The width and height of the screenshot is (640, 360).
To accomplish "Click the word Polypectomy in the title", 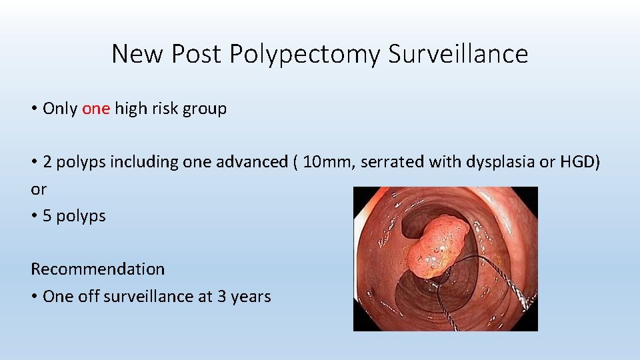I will click(306, 54).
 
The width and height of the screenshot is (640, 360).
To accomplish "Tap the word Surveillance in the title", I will click(458, 54).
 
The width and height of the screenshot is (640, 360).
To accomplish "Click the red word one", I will click(95, 109).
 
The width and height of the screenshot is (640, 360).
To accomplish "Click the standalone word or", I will click(39, 189).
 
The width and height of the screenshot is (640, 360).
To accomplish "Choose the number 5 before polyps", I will click(47, 216).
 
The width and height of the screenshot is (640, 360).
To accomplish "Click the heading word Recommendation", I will click(97, 269).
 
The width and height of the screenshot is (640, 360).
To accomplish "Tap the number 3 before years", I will click(222, 296).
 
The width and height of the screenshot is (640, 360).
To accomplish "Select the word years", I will click(251, 296).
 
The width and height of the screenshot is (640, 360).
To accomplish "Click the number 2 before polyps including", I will click(47, 162).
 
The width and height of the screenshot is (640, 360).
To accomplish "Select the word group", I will click(206, 109).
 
